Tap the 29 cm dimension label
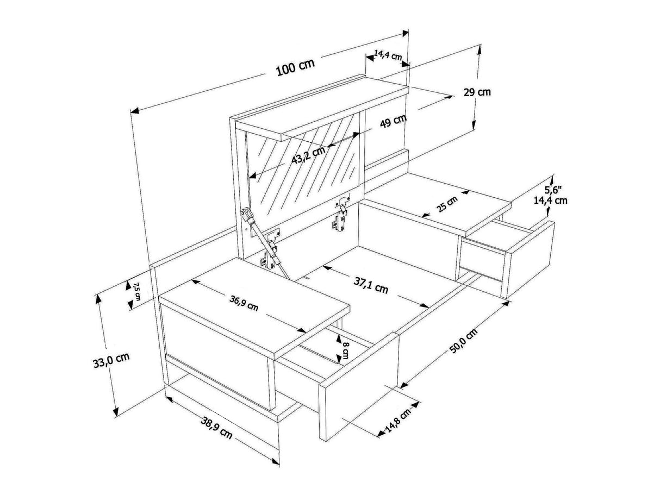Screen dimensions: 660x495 tap(477, 92)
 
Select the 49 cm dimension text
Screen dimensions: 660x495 tap(393, 120)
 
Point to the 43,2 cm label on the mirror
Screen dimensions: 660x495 tap(308, 155)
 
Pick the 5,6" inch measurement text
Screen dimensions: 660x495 tap(553, 190)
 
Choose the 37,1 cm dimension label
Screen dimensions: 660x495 tap(371, 285)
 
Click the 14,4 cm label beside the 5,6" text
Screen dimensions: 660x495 tap(551, 200)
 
